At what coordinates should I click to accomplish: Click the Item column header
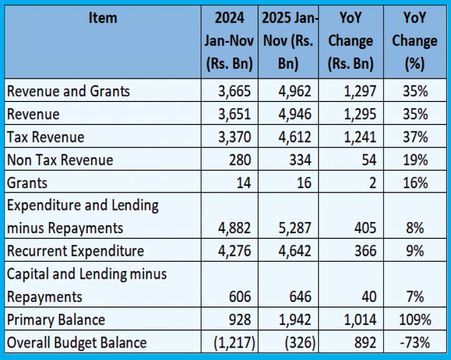(103, 19)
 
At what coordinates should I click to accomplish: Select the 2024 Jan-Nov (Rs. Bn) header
(229, 41)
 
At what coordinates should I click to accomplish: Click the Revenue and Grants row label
(68, 91)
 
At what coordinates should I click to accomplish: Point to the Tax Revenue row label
(46, 137)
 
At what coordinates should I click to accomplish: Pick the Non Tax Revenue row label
(60, 160)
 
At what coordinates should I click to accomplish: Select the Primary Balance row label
(56, 320)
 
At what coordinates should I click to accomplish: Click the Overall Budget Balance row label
(77, 343)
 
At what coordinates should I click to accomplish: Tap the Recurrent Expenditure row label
(75, 251)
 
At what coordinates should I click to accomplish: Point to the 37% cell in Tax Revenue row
(415, 137)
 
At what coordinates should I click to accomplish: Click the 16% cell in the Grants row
(415, 183)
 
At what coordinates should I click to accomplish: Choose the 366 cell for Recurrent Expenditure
(365, 251)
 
